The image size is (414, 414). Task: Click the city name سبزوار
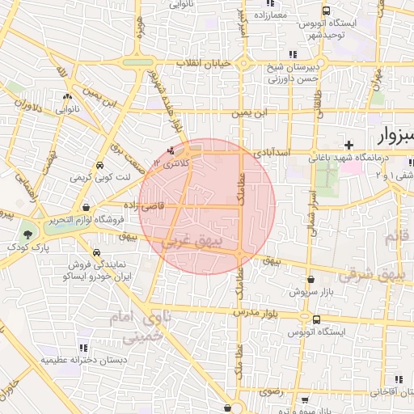(394, 134)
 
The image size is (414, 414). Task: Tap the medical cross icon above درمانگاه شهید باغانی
(349, 145)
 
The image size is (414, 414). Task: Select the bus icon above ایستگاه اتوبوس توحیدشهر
(326, 11)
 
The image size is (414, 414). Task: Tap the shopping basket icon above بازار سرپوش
(299, 277)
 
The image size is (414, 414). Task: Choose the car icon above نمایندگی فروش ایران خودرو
(96, 251)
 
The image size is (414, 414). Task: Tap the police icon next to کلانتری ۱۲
(170, 151)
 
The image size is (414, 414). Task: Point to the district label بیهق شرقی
(370, 274)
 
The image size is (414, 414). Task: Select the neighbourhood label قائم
(395, 237)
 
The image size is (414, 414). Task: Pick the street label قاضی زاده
(164, 206)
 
